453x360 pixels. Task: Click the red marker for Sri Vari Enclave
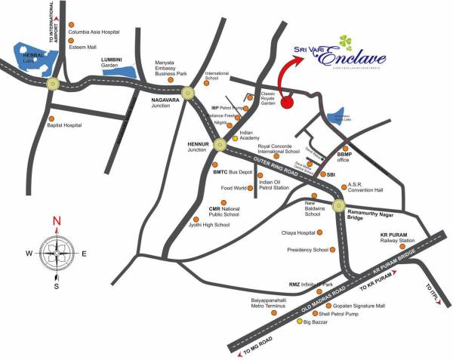[x=287, y=103]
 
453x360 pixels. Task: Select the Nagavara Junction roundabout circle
[x=187, y=93]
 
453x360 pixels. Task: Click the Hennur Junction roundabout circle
[x=219, y=144]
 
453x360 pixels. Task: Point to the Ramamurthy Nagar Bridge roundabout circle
[x=338, y=202]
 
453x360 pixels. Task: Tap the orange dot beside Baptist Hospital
[x=51, y=118]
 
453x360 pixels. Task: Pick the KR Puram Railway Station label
[x=397, y=240]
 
